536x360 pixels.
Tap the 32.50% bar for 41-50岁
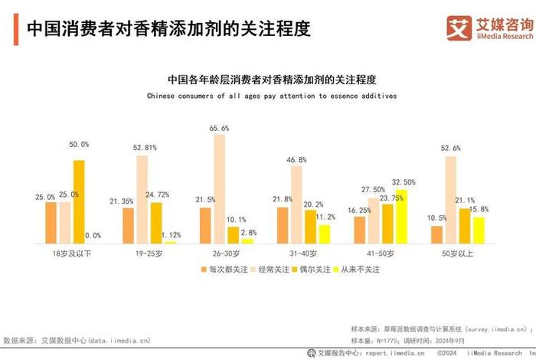[x=401, y=217]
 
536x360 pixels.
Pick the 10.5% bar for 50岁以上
[x=437, y=234]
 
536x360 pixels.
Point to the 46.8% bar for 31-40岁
[x=296, y=205]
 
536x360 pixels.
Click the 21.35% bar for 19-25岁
[x=128, y=225]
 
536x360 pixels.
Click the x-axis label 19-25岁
[x=149, y=253]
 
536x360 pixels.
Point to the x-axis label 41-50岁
[x=381, y=253]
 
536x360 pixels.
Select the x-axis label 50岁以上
[x=458, y=253]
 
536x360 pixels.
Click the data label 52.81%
[x=145, y=147]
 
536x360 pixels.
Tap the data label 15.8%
[x=479, y=209]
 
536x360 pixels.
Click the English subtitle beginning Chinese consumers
[x=272, y=97]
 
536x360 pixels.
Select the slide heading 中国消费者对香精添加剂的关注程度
[x=168, y=29]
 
